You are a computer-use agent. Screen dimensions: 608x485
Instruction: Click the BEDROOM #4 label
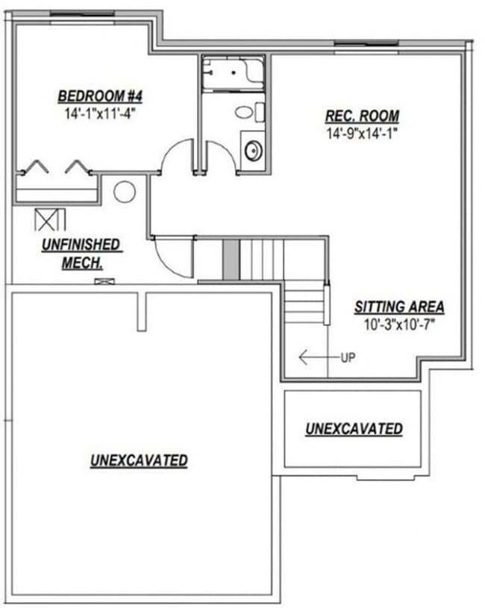coord(100,96)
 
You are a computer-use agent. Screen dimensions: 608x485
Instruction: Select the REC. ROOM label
coord(362,116)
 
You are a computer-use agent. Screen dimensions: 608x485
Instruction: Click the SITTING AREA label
coord(399,307)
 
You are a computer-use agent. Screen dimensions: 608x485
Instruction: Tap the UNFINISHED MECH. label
coord(82,253)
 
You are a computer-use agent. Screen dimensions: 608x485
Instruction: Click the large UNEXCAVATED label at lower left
coord(139,460)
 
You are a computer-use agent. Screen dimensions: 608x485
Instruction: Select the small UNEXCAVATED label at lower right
coord(354,429)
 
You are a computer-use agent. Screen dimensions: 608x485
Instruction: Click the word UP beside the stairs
coord(348,357)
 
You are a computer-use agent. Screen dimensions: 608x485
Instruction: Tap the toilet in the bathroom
coord(245,113)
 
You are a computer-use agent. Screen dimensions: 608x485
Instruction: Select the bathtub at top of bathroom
coord(232,73)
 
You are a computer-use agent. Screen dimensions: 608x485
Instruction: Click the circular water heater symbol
coord(124,192)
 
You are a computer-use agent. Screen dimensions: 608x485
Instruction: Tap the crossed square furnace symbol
coord(50,219)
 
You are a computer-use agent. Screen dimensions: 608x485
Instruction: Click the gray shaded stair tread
coord(231,259)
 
